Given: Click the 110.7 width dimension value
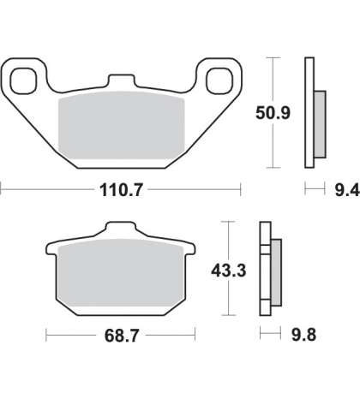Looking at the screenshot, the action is click(x=121, y=190).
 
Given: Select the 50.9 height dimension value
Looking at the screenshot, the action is click(x=273, y=113).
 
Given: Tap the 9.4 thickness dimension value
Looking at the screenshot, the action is click(x=347, y=190).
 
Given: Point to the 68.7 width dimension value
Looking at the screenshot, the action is click(x=122, y=336).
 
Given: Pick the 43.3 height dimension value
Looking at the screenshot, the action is click(x=229, y=271).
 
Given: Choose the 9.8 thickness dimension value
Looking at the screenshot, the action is click(x=303, y=335).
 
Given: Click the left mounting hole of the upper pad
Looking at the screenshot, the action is click(x=23, y=81).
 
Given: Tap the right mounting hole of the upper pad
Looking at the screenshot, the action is click(x=219, y=81).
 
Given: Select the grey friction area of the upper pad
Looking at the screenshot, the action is click(x=122, y=125).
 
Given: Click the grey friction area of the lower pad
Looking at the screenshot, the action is click(x=121, y=273).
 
